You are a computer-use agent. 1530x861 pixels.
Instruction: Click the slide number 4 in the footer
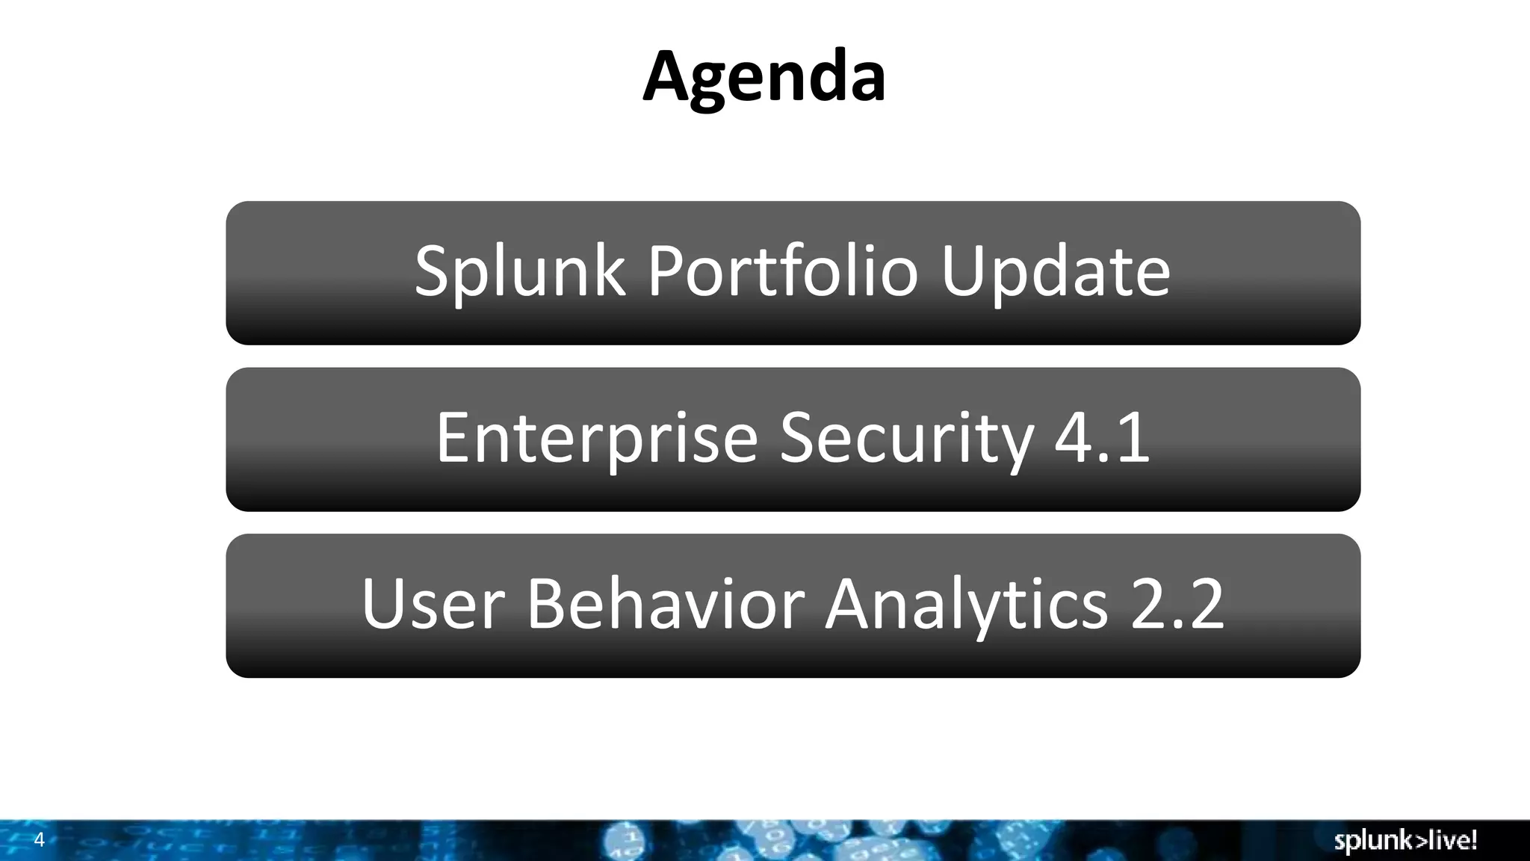point(40,840)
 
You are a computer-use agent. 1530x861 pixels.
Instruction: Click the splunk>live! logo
point(1405,841)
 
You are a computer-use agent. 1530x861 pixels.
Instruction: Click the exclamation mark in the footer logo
point(1473,839)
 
